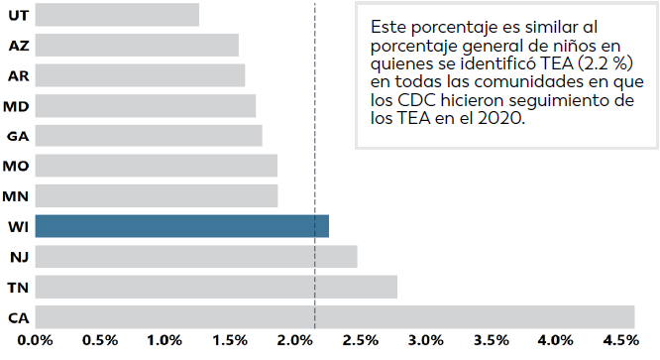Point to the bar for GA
point(149,136)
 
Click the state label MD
point(16,106)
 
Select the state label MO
point(16,167)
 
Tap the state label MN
point(16,196)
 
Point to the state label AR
point(17,76)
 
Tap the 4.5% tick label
point(619,342)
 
